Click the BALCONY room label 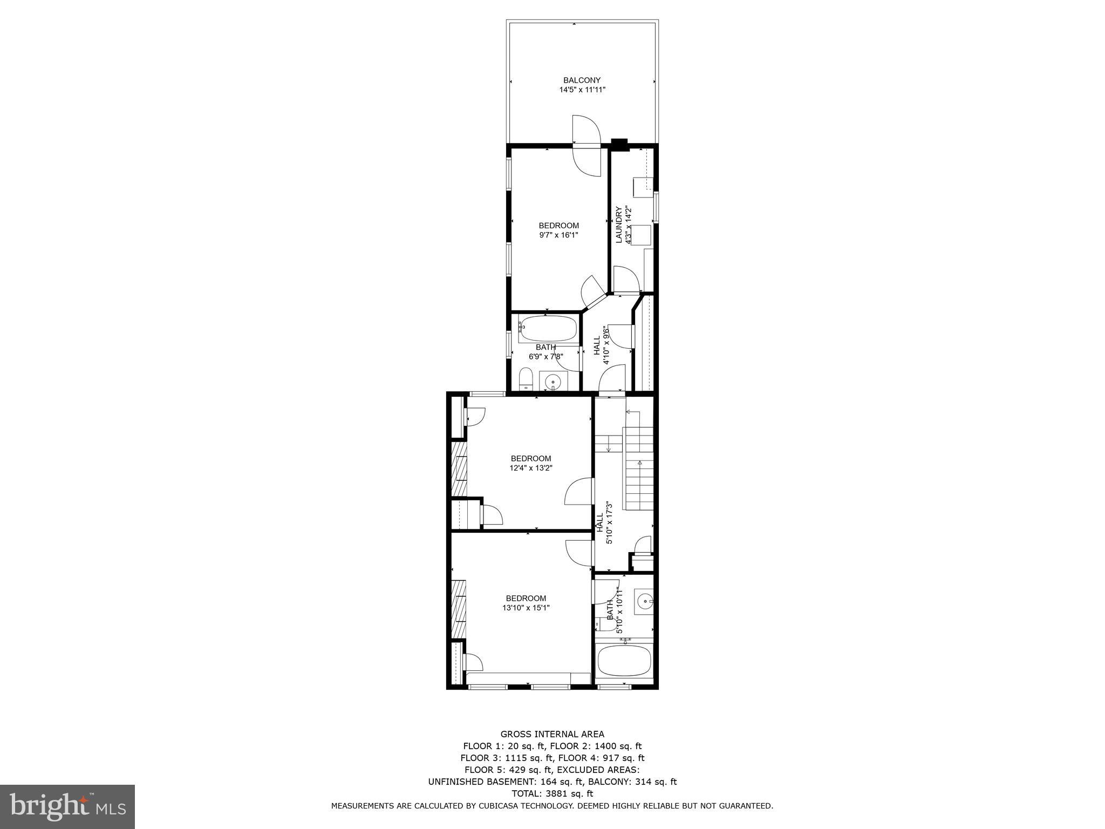pyautogui.click(x=582, y=80)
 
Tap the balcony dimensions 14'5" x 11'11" pyautogui.click(x=582, y=90)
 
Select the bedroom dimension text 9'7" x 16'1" pyautogui.click(x=559, y=235)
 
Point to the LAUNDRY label pyautogui.click(x=619, y=225)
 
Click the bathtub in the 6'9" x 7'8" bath pyautogui.click(x=548, y=328)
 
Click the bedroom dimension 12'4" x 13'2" pyautogui.click(x=531, y=468)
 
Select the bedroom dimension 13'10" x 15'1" pyautogui.click(x=526, y=608)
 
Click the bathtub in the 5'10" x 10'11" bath pyautogui.click(x=625, y=661)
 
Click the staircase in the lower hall pyautogui.click(x=639, y=467)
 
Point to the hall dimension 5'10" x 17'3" pyautogui.click(x=610, y=523)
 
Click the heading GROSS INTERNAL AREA pyautogui.click(x=552, y=734)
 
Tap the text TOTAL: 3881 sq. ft pyautogui.click(x=552, y=793)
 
